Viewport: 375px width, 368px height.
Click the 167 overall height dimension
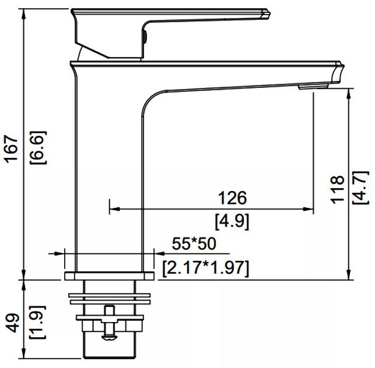(x=12, y=149)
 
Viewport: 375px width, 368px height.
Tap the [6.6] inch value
(x=38, y=147)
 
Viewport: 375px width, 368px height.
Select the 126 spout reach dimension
(x=232, y=198)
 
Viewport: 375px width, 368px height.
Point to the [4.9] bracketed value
(x=232, y=222)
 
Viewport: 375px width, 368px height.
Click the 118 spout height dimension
(x=337, y=190)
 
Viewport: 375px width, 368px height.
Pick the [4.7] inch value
(x=360, y=187)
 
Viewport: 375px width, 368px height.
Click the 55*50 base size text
(x=194, y=243)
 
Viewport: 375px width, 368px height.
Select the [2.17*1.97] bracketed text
(x=206, y=268)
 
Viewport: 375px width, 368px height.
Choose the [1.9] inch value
(x=37, y=322)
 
